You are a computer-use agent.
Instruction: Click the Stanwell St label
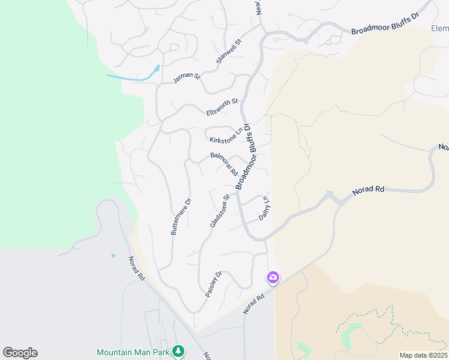point(229,52)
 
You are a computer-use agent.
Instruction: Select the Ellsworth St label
point(222,107)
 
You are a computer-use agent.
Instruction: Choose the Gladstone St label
point(220,211)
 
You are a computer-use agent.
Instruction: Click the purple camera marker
point(273,277)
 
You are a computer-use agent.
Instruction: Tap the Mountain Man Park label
point(133,351)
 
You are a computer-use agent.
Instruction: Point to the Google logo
point(20,353)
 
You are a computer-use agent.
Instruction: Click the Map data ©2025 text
point(423,355)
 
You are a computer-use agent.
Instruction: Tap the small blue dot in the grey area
point(113,256)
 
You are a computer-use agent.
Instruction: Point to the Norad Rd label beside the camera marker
point(253,304)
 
